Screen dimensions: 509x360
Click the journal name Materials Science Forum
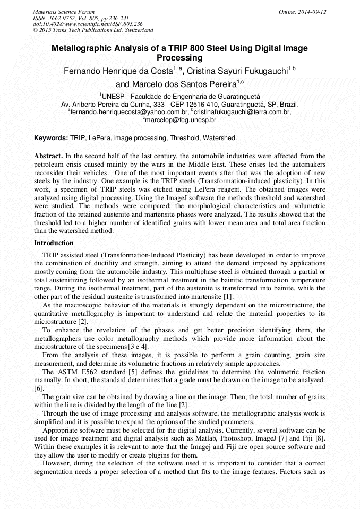pos(64,12)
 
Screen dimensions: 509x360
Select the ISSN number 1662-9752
pos(65,18)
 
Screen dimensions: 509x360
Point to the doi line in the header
pos(88,24)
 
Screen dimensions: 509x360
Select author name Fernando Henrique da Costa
pos(117,71)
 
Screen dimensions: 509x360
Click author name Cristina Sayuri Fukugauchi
pos(238,71)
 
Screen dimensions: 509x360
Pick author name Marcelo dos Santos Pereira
pos(176,84)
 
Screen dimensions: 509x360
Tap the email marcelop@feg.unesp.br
pos(181,120)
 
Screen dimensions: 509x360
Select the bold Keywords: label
pos(51,138)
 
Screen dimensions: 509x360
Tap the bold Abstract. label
pos(48,156)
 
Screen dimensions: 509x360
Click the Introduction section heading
pos(54,243)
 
